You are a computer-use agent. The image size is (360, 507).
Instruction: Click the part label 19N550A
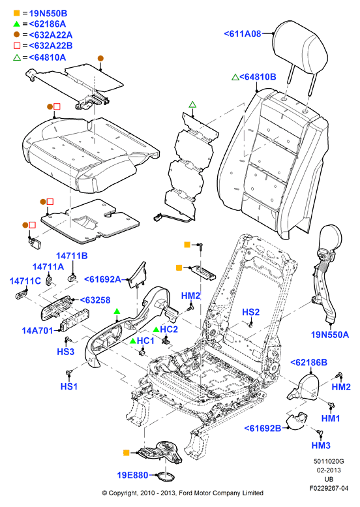pyautogui.click(x=330, y=335)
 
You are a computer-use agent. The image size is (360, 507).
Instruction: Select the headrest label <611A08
pyautogui.click(x=243, y=34)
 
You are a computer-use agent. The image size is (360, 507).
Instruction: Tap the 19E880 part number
pyautogui.click(x=132, y=475)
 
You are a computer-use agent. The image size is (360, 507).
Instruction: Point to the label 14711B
pyautogui.click(x=72, y=256)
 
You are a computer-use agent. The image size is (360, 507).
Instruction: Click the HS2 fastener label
pyautogui.click(x=251, y=312)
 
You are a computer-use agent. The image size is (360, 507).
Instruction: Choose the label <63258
pyautogui.click(x=95, y=300)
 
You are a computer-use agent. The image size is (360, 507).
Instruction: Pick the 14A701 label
pyautogui.click(x=37, y=331)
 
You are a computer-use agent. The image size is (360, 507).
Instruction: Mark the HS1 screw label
pyautogui.click(x=69, y=386)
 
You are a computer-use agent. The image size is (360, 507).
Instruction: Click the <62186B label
pyautogui.click(x=308, y=362)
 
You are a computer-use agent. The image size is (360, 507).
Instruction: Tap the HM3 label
pyautogui.click(x=321, y=446)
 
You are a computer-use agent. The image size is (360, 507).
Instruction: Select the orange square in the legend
pyautogui.click(x=16, y=13)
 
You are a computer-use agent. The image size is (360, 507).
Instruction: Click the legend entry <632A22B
pyautogui.click(x=51, y=46)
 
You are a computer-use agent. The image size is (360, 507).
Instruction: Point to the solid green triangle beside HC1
pyautogui.click(x=132, y=341)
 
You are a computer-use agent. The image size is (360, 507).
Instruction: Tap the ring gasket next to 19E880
pyautogui.click(x=165, y=477)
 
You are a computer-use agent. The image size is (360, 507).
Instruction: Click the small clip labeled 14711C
pyautogui.click(x=22, y=294)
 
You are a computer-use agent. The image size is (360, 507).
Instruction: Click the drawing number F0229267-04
pyautogui.click(x=329, y=488)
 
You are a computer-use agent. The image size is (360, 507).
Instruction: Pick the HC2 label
pyautogui.click(x=169, y=329)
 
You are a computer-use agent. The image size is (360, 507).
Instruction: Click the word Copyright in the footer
pyautogui.click(x=123, y=493)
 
